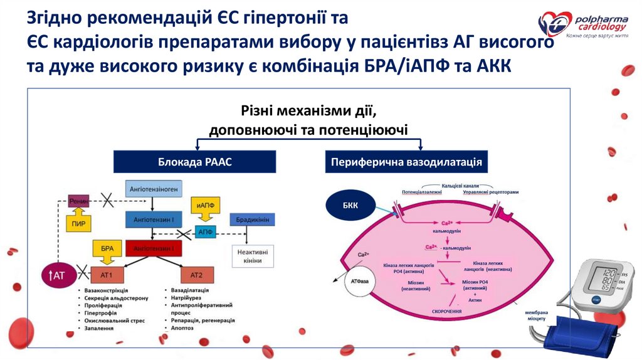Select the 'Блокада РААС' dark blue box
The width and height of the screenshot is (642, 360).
click(194, 162)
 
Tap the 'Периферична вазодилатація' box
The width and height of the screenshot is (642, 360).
click(406, 162)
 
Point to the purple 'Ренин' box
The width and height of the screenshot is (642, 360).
click(79, 200)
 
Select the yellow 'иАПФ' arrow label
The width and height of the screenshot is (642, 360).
click(203, 206)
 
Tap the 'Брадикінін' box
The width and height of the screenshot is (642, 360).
click(253, 220)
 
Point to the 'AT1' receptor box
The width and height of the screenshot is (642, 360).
click(106, 275)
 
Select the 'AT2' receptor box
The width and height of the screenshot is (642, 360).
click(196, 275)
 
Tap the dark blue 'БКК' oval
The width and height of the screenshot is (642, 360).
click(350, 204)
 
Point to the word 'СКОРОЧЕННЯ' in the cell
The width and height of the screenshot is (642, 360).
click(447, 312)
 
